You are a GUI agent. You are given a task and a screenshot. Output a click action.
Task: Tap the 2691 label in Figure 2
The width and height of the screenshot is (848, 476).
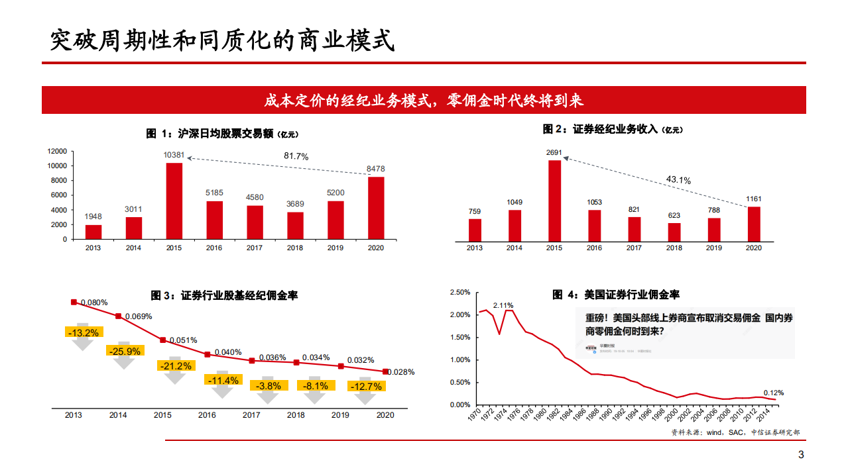(x=554, y=152)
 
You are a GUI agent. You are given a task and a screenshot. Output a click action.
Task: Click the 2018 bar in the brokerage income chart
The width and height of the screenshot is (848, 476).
(x=674, y=232)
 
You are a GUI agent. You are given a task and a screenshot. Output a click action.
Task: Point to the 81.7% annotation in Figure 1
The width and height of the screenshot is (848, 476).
(x=296, y=156)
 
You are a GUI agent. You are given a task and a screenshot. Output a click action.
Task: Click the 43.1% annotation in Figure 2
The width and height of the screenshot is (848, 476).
(x=678, y=180)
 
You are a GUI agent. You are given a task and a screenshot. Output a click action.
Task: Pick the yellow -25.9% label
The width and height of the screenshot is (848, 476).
(x=125, y=352)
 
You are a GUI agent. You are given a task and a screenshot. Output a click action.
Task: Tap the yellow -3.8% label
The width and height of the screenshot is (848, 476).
(x=269, y=385)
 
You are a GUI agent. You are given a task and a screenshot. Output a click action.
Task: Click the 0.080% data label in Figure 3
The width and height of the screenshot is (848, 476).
(x=94, y=303)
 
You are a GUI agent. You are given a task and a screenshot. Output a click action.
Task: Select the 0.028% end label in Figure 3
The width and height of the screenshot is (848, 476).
(x=400, y=372)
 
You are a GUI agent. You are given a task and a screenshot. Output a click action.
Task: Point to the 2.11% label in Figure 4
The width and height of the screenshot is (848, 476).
(x=503, y=305)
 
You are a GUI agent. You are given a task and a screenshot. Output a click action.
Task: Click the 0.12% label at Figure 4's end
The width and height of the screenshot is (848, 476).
(x=774, y=392)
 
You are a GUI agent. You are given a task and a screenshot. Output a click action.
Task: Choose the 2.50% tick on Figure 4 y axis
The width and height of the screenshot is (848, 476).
(x=459, y=292)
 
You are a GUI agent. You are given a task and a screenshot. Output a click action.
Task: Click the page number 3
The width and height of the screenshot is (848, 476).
(x=800, y=455)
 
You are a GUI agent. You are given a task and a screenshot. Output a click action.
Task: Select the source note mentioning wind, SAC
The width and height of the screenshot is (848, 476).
(x=735, y=432)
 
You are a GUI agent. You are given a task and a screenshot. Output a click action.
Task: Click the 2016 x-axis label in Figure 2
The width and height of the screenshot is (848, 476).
(x=594, y=248)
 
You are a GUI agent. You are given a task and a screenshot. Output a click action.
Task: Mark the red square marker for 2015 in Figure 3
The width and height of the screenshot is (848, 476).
(x=162, y=340)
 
